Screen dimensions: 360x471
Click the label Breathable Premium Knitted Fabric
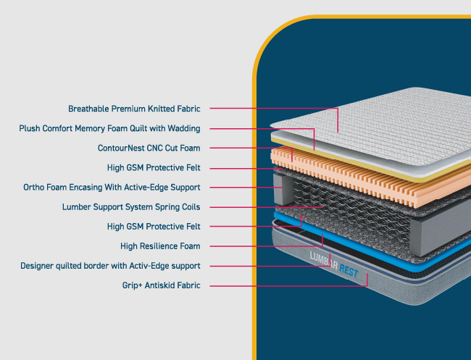(134, 109)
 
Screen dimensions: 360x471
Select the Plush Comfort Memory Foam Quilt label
(109, 128)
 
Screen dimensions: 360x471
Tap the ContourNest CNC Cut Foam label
(149, 148)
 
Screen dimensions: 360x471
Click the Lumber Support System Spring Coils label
(131, 206)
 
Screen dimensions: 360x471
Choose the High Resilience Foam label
(160, 246)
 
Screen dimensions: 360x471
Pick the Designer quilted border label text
(110, 265)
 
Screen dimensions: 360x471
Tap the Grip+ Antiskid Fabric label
(161, 285)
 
